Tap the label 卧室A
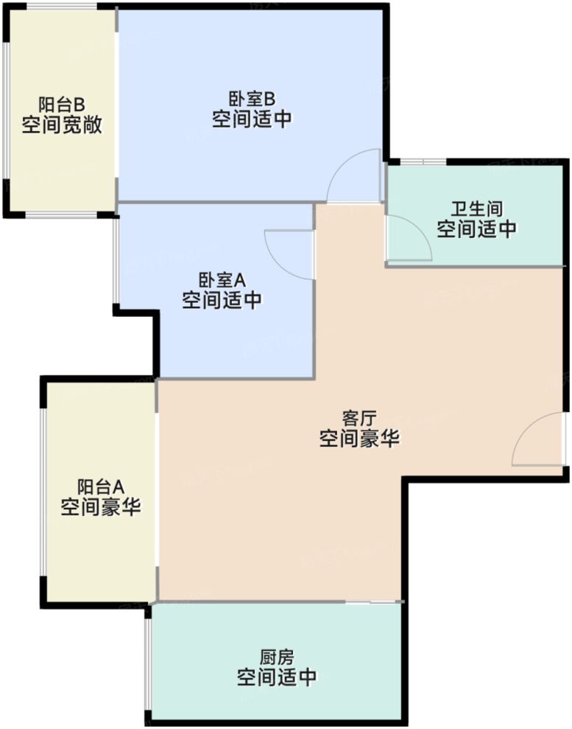pyautogui.click(x=222, y=280)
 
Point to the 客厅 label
pyautogui.click(x=359, y=419)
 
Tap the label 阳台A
pyautogui.click(x=101, y=486)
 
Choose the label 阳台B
pyautogui.click(x=62, y=104)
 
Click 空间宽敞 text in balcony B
pyautogui.click(x=62, y=125)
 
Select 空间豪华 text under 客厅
pyautogui.click(x=359, y=440)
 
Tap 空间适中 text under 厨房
pyautogui.click(x=277, y=677)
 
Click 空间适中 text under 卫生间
pyautogui.click(x=476, y=229)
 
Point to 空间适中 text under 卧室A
pyautogui.click(x=222, y=301)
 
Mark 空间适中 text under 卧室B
pyautogui.click(x=251, y=119)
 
